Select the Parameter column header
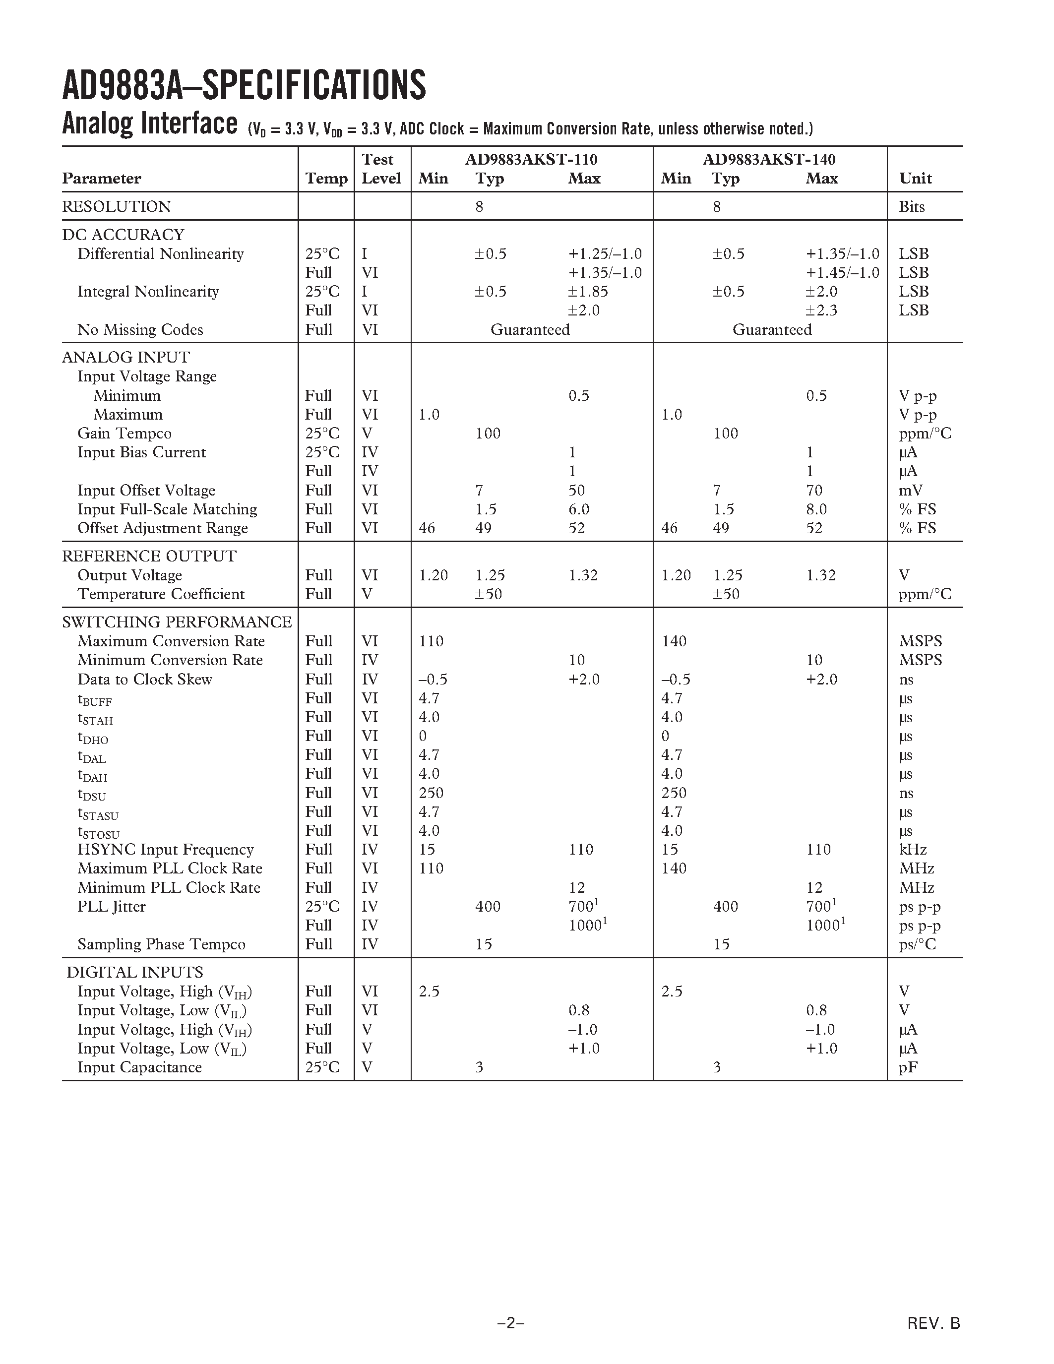(101, 179)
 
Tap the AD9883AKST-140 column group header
(769, 159)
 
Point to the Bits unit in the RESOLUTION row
(911, 207)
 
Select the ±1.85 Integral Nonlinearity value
(588, 292)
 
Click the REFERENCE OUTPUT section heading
(149, 556)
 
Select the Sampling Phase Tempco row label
(161, 944)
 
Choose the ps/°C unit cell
(917, 944)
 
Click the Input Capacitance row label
(139, 1067)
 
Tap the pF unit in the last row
(907, 1067)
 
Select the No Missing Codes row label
(140, 330)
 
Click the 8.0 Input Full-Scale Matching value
(816, 509)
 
